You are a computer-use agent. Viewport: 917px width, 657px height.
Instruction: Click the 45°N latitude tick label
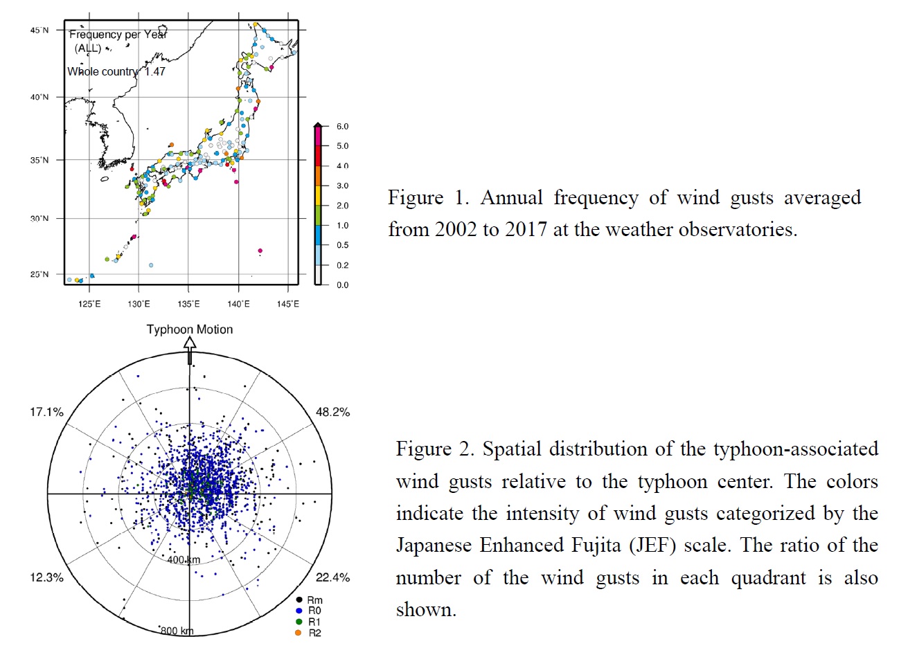tap(39, 30)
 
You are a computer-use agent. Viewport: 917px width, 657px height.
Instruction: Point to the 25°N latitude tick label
tap(39, 274)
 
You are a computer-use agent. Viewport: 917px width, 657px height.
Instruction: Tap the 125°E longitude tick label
tap(89, 304)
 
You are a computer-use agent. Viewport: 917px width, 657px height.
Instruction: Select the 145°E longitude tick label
tap(288, 304)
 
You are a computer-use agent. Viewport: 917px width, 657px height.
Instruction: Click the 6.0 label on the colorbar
tap(342, 127)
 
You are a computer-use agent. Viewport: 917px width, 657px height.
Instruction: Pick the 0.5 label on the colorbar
tap(342, 245)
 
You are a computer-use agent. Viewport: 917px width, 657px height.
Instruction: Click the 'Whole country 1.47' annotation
tap(116, 71)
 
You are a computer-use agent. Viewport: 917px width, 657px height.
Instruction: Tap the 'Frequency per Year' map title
tap(118, 35)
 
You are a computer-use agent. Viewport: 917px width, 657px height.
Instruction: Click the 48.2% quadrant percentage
tap(333, 413)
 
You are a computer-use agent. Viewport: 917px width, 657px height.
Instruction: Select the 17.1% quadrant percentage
tap(46, 412)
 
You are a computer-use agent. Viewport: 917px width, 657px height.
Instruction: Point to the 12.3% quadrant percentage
tap(46, 577)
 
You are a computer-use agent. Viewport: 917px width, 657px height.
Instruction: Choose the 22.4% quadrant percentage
tap(333, 577)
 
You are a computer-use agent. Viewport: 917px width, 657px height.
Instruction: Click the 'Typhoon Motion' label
tap(190, 330)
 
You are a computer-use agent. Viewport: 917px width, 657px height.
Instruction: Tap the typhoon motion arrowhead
tap(190, 343)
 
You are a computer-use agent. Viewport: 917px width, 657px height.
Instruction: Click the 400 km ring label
tap(184, 559)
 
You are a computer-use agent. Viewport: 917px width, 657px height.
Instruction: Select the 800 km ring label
tap(177, 631)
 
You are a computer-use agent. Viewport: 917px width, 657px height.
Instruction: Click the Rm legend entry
tap(310, 600)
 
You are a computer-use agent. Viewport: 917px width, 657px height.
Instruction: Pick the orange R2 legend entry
tap(309, 633)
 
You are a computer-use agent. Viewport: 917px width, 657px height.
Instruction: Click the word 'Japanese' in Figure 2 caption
tap(434, 546)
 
